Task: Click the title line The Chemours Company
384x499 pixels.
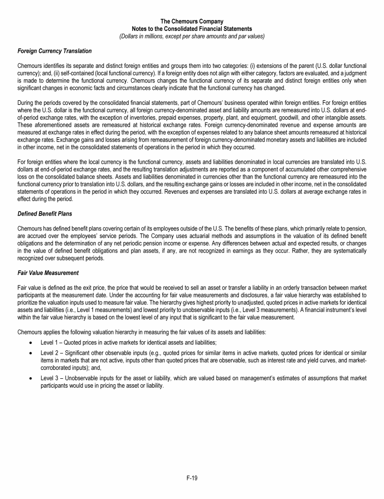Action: coord(191,21)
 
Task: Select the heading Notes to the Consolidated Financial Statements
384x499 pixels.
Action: coord(191,29)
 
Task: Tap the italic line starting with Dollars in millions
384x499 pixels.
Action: coord(191,36)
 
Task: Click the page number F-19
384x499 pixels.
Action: coord(192,478)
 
